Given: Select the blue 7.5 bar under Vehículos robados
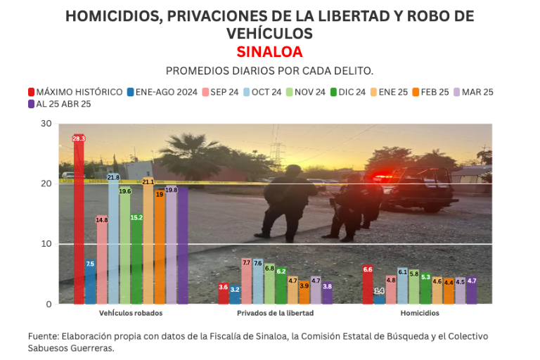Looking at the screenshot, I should pos(90,281).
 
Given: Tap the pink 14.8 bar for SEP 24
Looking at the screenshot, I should pos(102,259).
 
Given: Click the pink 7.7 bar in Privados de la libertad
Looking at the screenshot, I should pos(246,281).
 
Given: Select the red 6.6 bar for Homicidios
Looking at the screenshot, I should pos(368,285).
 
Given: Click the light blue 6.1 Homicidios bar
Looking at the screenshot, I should pos(403,286).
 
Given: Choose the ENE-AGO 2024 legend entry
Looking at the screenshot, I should pos(162,92).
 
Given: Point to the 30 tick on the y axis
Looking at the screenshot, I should pos(46,124).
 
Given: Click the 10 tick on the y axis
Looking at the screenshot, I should pos(46,244).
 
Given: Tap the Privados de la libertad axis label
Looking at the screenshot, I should pos(275,313).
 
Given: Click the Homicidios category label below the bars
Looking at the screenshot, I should pos(420,313).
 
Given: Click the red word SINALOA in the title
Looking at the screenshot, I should pos(269,52).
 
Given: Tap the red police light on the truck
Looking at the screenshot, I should pos(384,177).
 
